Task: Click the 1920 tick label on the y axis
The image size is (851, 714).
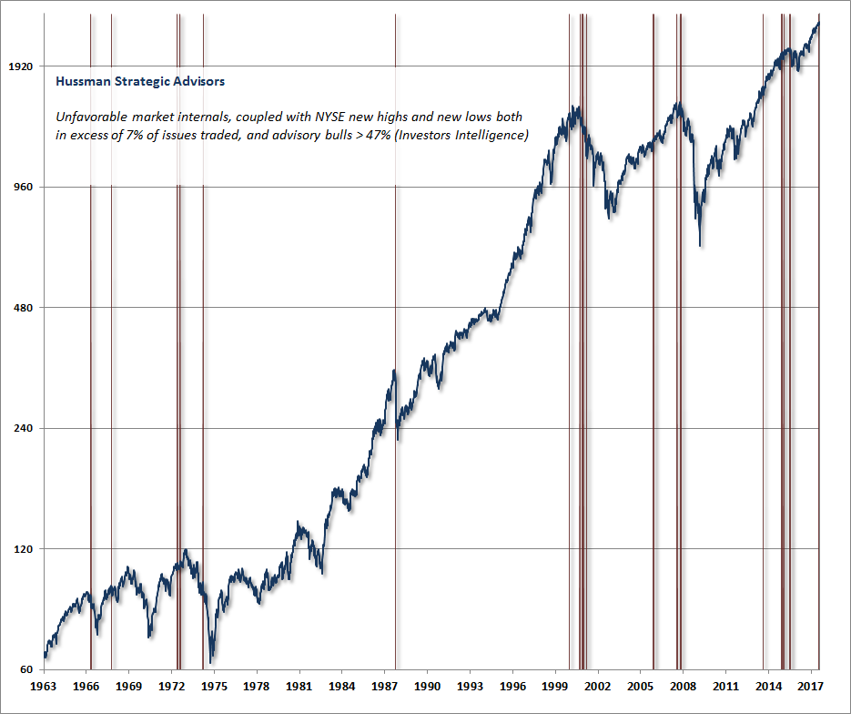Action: point(19,66)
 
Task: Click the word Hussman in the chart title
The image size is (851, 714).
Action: point(83,81)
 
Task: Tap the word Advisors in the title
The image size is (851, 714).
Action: point(198,81)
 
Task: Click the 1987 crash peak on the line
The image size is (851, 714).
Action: point(394,371)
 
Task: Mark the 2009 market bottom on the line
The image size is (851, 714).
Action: point(700,245)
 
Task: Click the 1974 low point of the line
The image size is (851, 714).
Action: point(211,662)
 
